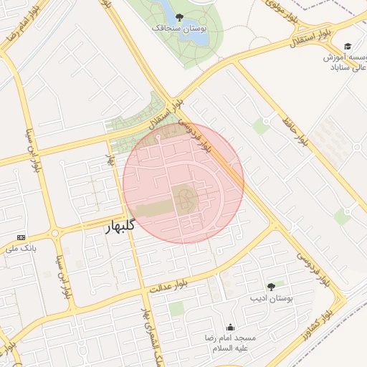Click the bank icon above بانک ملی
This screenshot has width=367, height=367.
coord(21,237)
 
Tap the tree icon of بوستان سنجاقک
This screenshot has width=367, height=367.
coord(179,16)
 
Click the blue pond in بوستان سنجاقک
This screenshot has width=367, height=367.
coord(163,11)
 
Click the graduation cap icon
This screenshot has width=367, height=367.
coord(348,45)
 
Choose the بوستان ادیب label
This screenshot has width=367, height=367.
coord(269,297)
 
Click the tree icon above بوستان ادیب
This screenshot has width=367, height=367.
coord(270,286)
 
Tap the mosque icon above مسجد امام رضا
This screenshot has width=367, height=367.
coord(230,327)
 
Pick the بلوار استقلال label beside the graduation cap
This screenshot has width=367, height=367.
coord(312,34)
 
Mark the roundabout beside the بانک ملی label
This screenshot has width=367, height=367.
coord(54,233)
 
